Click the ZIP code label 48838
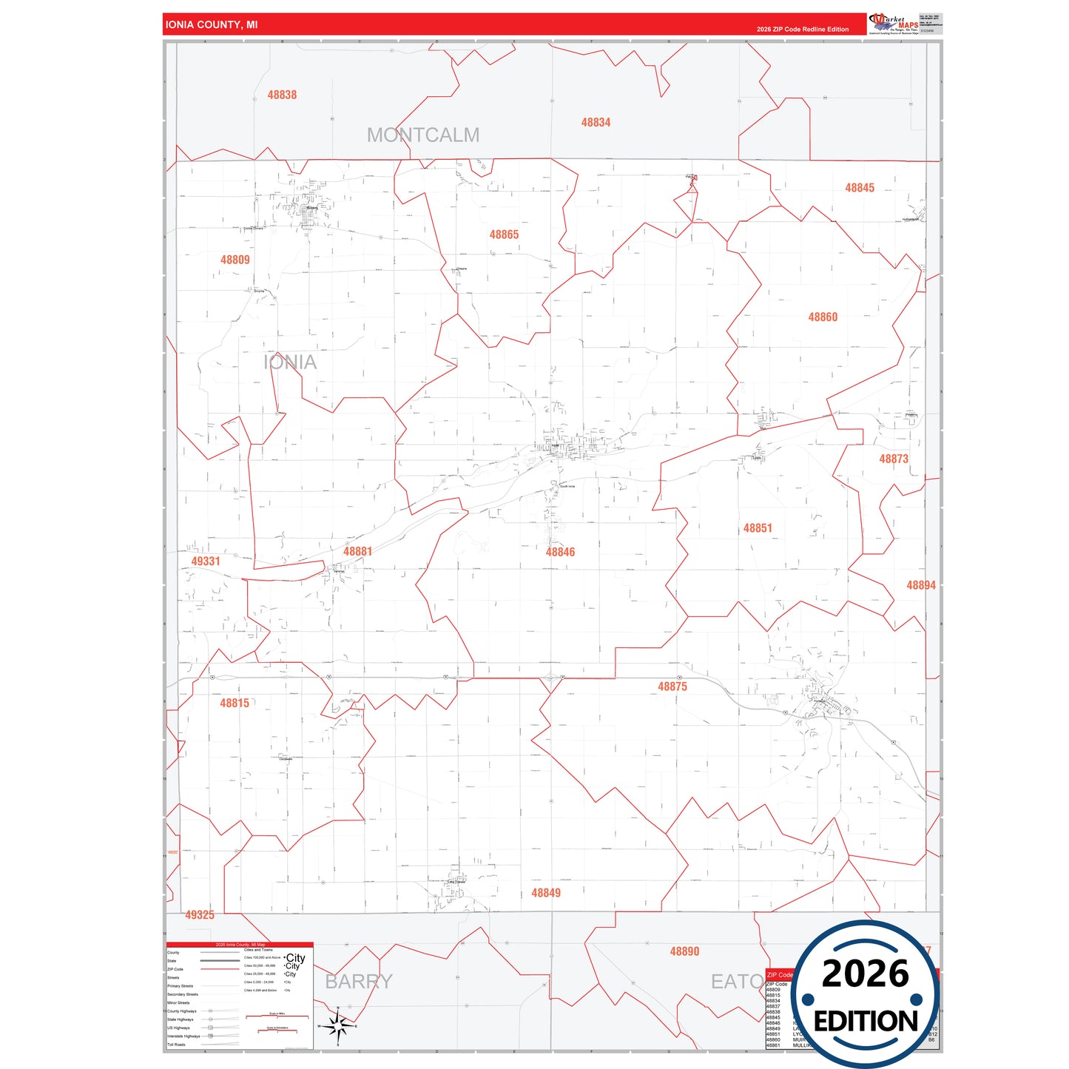coord(282,95)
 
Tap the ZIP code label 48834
coord(596,122)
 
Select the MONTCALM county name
coord(423,135)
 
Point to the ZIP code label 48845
coord(860,188)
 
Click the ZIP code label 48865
coord(504,235)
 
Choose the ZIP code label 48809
coord(235,260)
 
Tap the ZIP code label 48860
coord(823,317)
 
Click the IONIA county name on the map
coord(290,362)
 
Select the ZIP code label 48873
coord(894,459)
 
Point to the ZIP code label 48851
coord(758,528)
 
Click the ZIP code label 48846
coord(560,552)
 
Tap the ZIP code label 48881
coord(357,551)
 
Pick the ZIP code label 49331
coord(206,561)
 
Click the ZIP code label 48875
coord(672,687)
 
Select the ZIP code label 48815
coord(235,703)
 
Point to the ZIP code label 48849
coord(546,893)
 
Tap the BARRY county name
coord(359,982)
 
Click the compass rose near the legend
coord(337,1026)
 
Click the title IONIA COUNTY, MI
coord(212,24)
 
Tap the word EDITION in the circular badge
coord(866,1022)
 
